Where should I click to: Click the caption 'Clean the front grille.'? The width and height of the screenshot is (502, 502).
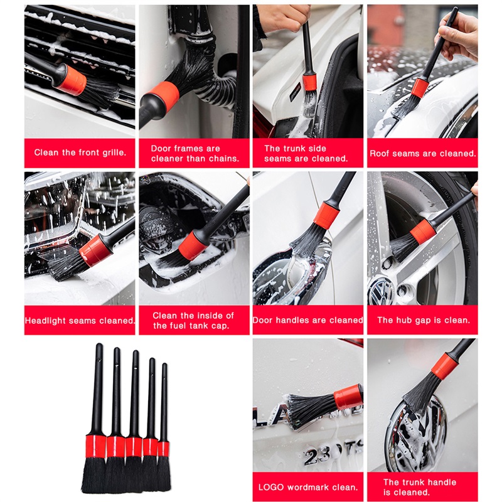(x=80, y=152)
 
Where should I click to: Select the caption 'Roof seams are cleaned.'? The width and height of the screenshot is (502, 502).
(x=422, y=153)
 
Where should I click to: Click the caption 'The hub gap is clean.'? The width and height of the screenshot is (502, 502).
(x=423, y=320)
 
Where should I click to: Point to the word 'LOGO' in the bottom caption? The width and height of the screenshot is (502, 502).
(x=271, y=488)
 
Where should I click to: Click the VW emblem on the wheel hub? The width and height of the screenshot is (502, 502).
(x=381, y=291)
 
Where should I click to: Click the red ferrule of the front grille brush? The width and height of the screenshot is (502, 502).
(x=72, y=80)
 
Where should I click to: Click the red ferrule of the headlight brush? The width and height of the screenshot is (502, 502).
(x=95, y=250)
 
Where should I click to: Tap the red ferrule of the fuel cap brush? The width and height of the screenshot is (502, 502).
(x=193, y=245)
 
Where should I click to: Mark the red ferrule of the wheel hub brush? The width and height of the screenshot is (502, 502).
(x=423, y=232)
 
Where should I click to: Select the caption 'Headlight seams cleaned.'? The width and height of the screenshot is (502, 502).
(x=80, y=321)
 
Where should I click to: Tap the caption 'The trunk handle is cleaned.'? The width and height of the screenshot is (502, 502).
(x=420, y=487)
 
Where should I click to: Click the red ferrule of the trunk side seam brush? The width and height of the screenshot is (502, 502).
(x=309, y=82)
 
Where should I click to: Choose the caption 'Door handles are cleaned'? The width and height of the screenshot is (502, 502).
(x=308, y=320)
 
